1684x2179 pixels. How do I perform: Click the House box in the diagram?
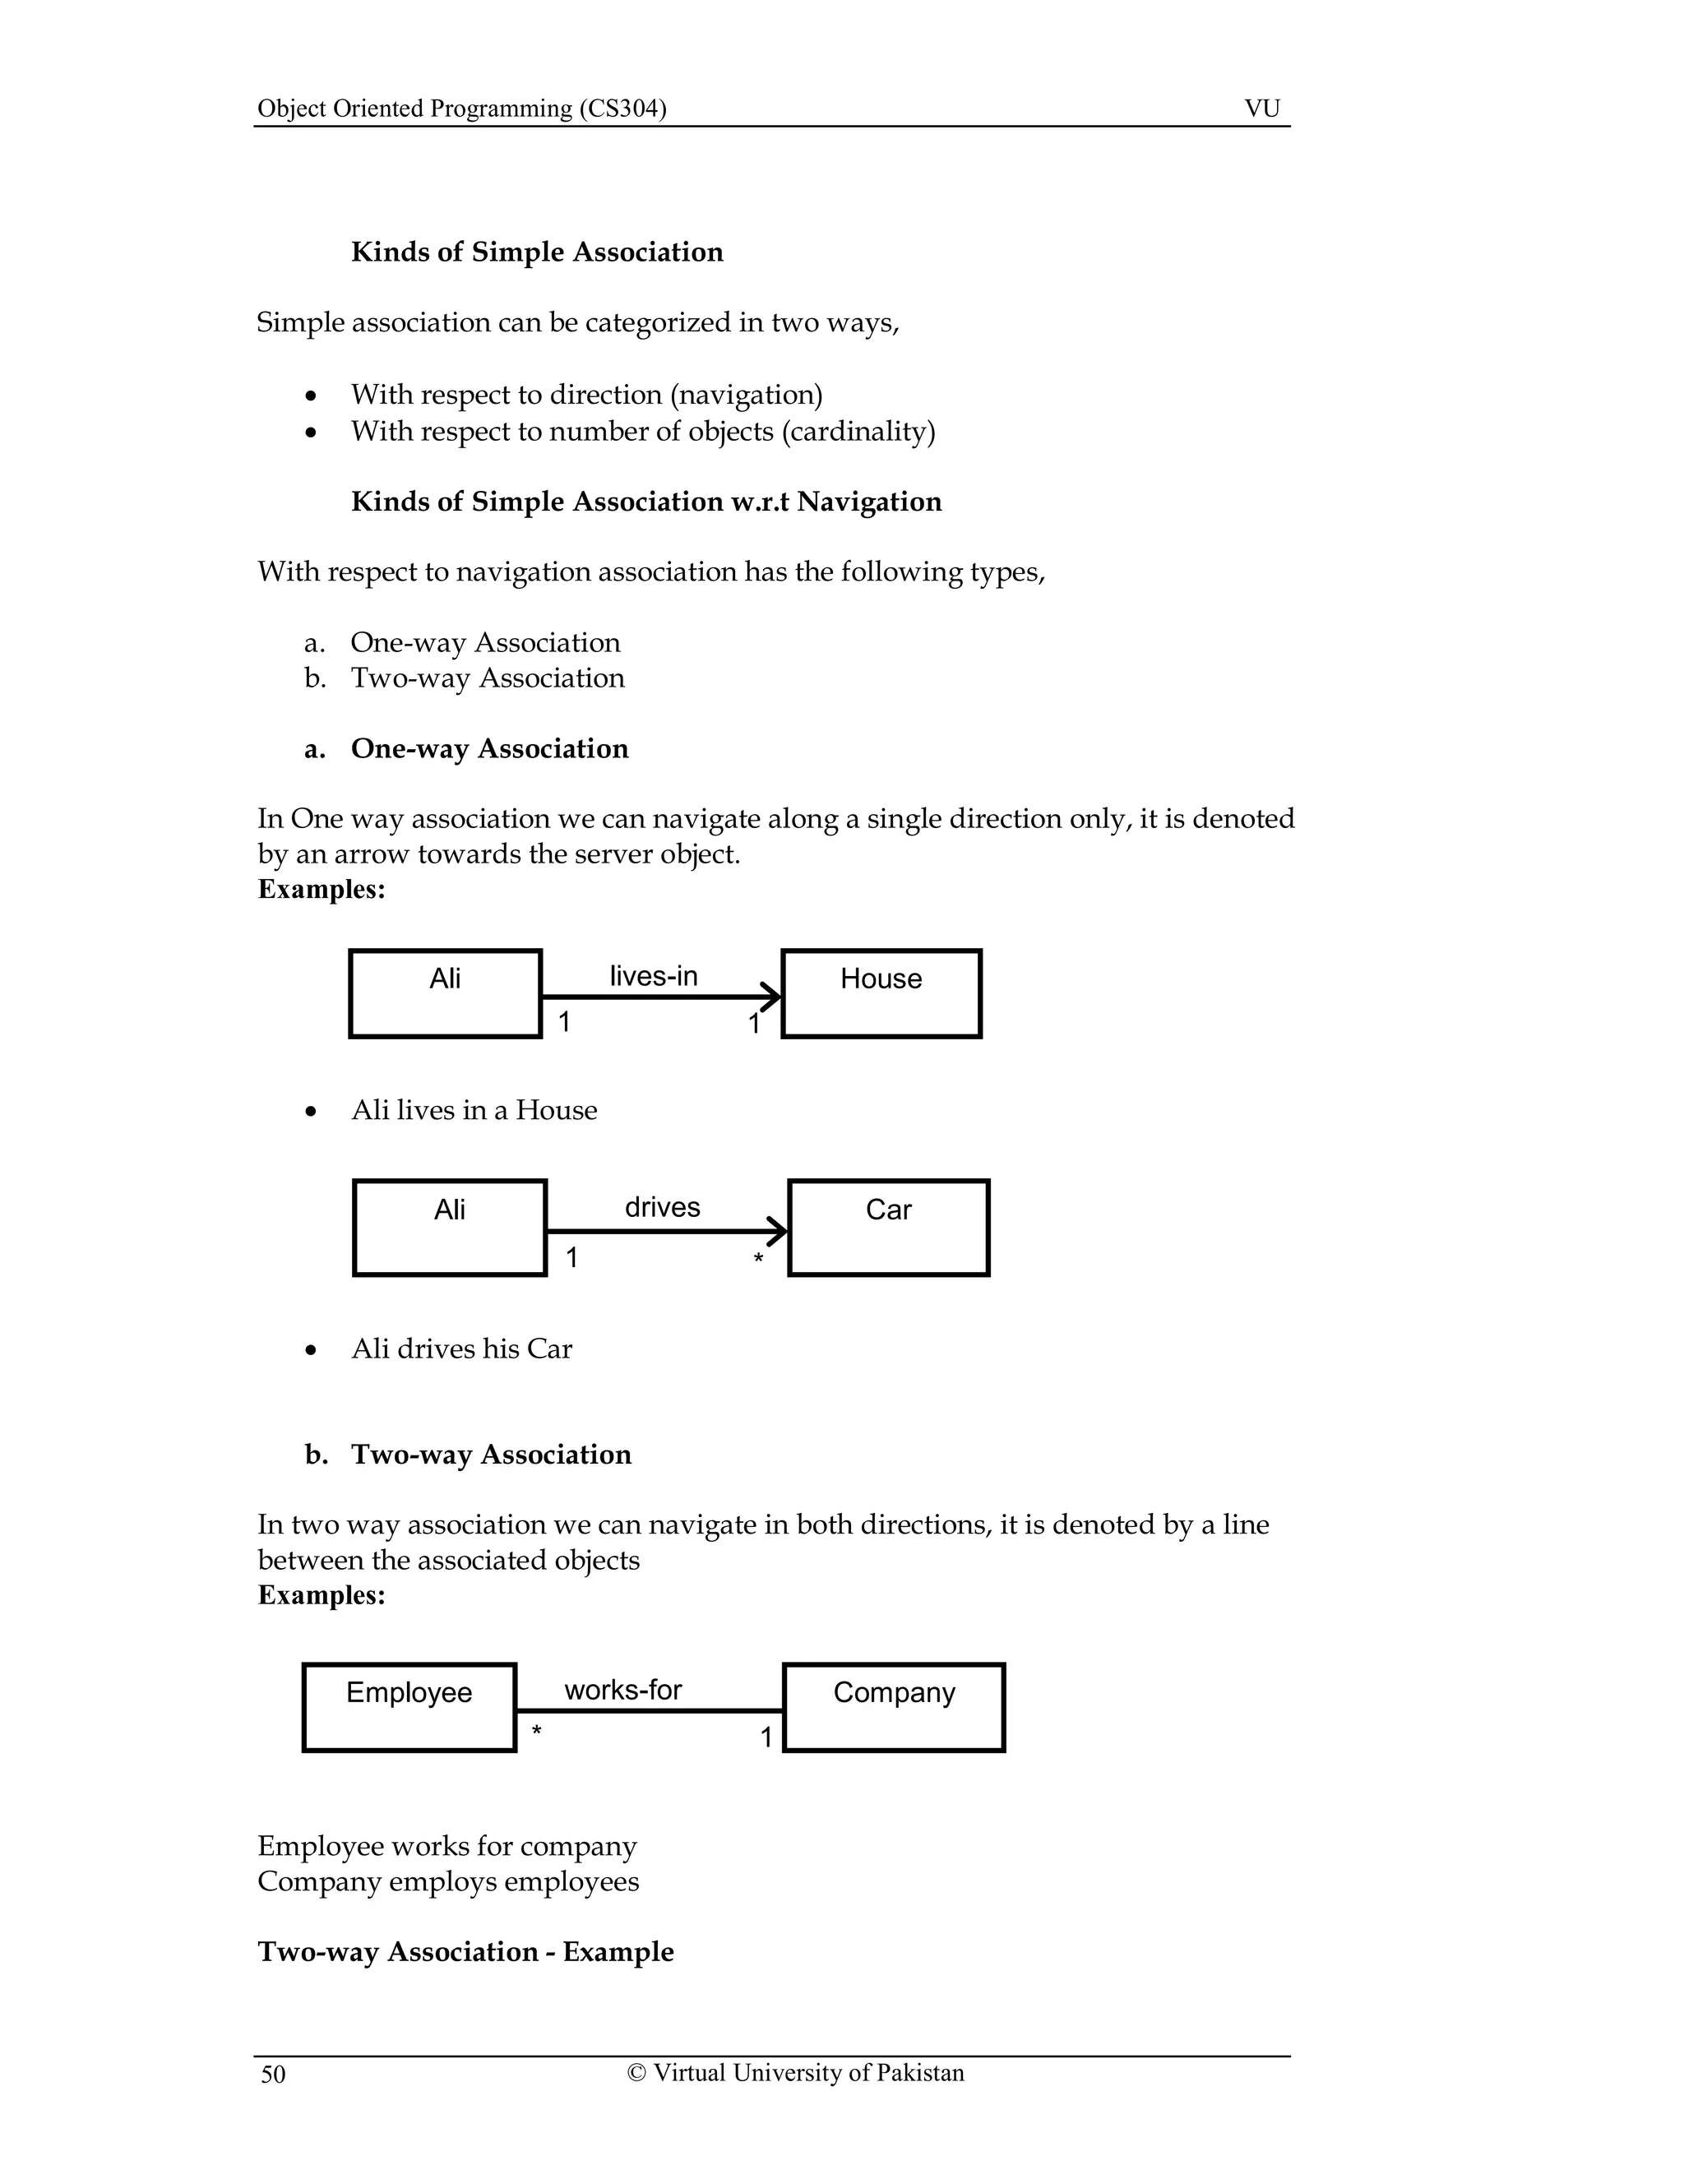pyautogui.click(x=881, y=994)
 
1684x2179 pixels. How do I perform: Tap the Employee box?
pyautogui.click(x=409, y=1707)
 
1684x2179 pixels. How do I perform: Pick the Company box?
pyautogui.click(x=894, y=1707)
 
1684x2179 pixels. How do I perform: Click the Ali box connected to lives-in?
pyautogui.click(x=445, y=994)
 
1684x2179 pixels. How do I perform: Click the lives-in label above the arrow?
pyautogui.click(x=654, y=976)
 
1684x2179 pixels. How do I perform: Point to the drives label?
pyautogui.click(x=663, y=1207)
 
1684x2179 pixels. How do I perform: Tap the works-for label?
pyautogui.click(x=622, y=1690)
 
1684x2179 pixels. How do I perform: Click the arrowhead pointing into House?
pyautogui.click(x=772, y=996)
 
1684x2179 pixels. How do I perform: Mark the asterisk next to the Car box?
pyautogui.click(x=758, y=1259)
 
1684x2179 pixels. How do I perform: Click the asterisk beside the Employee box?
pyautogui.click(x=537, y=1731)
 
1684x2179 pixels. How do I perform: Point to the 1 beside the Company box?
pyautogui.click(x=766, y=1738)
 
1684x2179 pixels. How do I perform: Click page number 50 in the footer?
pyautogui.click(x=272, y=2075)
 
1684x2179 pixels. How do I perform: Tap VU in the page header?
pyautogui.click(x=1262, y=108)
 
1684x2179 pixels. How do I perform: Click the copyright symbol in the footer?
pyautogui.click(x=636, y=2073)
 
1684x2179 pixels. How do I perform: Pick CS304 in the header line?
pyautogui.click(x=622, y=108)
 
